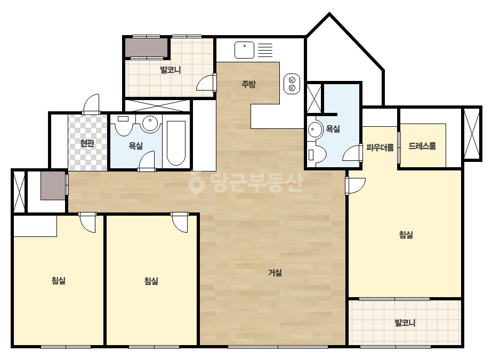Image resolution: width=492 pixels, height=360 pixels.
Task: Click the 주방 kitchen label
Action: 248,84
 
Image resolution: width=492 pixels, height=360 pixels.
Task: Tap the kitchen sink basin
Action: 244,50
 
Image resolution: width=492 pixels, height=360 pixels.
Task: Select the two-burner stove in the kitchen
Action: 292,84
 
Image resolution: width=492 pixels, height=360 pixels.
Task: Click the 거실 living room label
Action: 275,273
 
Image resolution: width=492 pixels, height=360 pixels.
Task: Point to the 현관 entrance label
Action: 87,143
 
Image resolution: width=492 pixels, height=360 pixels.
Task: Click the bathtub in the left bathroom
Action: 176,143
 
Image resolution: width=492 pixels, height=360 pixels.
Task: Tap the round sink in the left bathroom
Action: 150,122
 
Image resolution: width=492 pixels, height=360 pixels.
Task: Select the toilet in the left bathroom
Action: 124,125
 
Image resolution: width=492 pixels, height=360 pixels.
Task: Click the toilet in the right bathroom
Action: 317,154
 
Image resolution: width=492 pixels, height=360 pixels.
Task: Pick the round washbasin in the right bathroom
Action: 315,129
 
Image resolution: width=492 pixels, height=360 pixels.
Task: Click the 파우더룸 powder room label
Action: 380,148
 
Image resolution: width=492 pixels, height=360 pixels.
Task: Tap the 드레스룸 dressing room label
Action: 422,146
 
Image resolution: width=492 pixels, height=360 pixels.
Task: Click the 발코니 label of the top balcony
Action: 171,70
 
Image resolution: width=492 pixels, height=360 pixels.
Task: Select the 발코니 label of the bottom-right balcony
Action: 405,323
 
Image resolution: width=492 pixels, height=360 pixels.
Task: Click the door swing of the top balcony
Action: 206,83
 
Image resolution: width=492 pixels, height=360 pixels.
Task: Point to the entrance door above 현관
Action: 91,104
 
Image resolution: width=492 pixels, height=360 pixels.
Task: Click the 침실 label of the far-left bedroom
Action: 58,280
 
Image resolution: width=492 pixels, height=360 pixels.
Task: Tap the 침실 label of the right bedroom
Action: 406,234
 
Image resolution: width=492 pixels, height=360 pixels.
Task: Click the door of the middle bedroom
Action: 180,222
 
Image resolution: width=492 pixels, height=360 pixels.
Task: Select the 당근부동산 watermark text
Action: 246,182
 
